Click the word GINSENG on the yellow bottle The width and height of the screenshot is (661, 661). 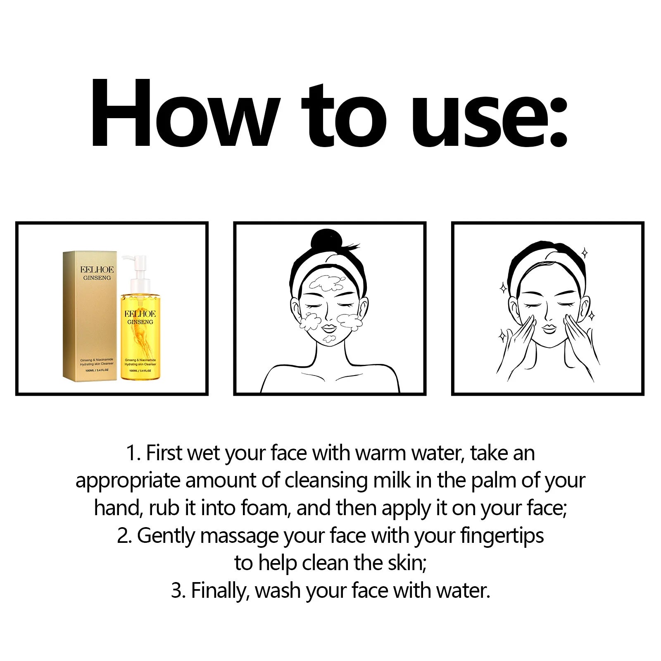[x=140, y=322]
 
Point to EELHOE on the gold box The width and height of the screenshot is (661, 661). [x=97, y=269]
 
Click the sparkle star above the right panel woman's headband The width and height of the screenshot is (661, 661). [x=584, y=252]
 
